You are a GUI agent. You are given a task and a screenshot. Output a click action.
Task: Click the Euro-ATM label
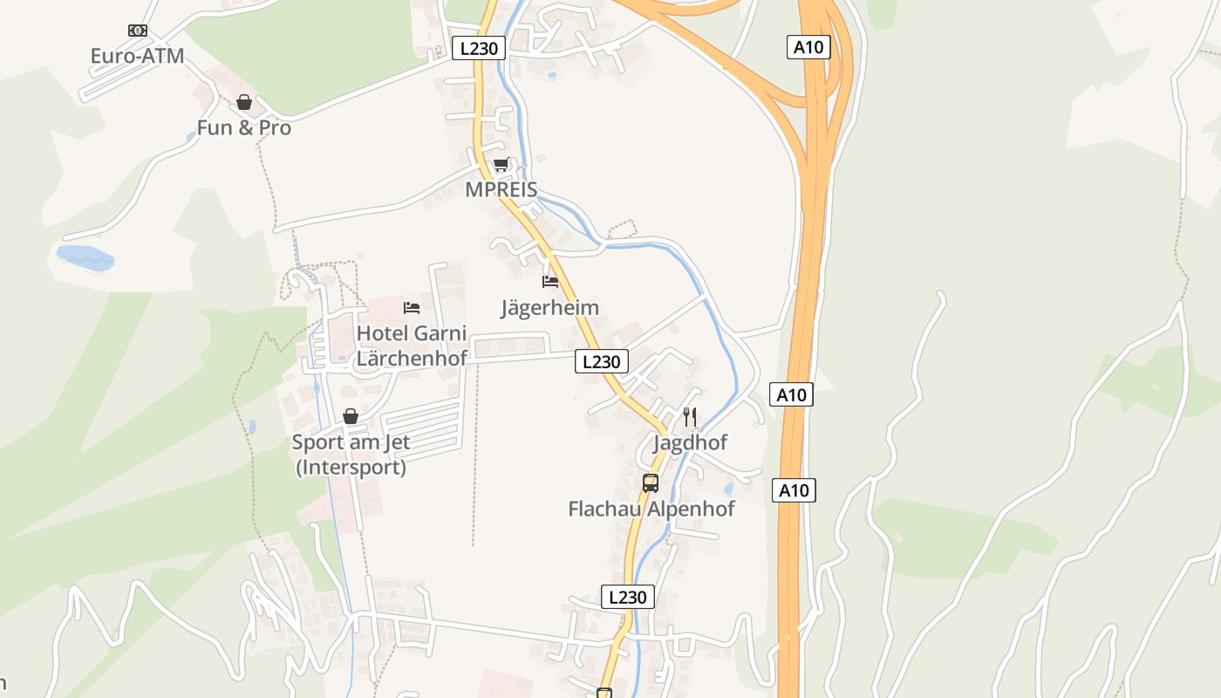coord(137,56)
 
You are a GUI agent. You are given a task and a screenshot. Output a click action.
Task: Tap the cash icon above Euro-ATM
coord(137,31)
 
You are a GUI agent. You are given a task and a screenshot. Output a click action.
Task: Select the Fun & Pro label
coord(243,127)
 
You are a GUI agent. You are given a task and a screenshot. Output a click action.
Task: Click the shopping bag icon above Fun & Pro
coord(244,103)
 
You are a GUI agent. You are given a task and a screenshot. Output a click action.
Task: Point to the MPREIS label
coord(501,189)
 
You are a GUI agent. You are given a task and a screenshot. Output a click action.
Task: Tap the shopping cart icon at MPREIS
coord(501,165)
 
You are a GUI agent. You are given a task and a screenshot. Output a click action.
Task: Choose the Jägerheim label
coord(549,307)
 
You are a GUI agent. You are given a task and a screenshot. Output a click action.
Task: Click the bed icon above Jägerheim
coord(549,282)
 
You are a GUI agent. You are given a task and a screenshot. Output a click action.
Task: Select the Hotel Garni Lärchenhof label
coord(412,346)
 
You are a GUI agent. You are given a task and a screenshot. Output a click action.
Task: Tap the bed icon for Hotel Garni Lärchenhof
coord(412,308)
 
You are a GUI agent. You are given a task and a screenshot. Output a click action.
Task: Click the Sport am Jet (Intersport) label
coord(351,455)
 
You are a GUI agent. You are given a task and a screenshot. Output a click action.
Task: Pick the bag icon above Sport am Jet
coord(351,417)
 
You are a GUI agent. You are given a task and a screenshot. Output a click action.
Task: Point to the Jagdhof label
coord(690,442)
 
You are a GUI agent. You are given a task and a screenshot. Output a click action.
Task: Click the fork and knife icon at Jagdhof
coord(690,417)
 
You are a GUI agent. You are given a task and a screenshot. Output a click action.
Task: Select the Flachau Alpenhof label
coord(651,509)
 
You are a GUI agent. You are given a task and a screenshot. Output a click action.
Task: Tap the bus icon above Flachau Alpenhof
coord(651,483)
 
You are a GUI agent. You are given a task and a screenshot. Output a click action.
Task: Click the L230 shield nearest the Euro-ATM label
coord(479,48)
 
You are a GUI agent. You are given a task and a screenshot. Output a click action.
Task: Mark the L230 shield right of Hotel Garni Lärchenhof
coord(601,361)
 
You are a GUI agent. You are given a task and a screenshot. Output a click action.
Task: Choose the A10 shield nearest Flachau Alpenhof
coord(794,490)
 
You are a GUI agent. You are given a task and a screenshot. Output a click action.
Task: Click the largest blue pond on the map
coord(85,258)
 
